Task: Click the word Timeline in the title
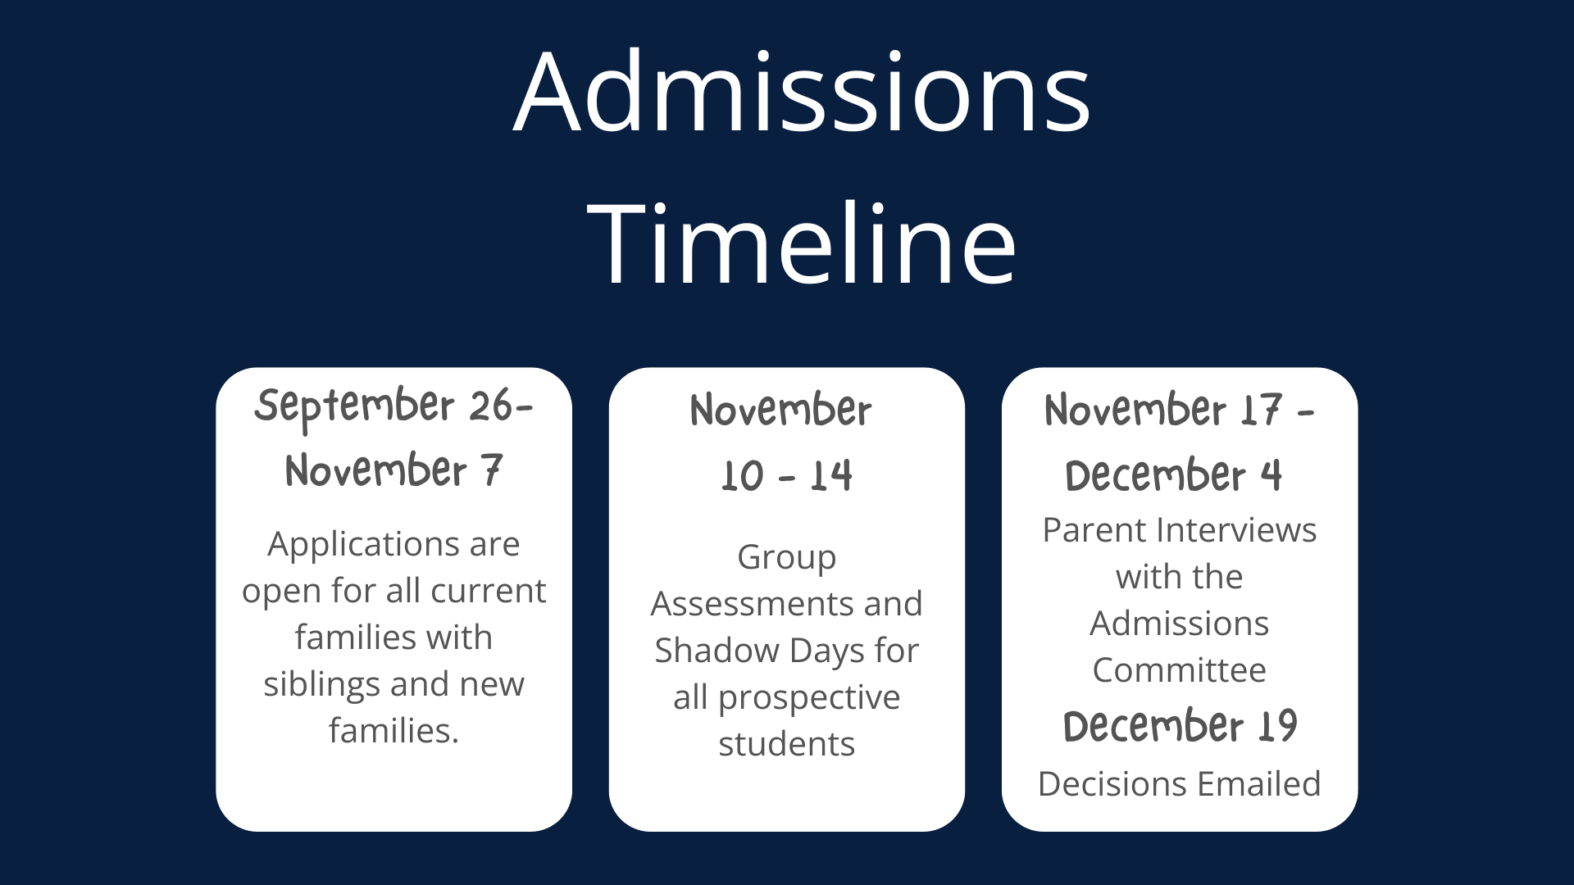tap(802, 244)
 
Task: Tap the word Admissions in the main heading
tap(802, 92)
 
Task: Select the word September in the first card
tap(354, 407)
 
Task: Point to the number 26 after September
tap(491, 406)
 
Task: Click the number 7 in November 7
tap(491, 470)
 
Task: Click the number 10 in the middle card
tap(743, 476)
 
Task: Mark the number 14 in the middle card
tap(831, 476)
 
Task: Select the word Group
tap(787, 559)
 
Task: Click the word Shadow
tap(717, 651)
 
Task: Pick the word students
tap(787, 745)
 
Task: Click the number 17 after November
tap(1260, 410)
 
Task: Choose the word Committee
tap(1180, 671)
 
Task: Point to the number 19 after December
tap(1277, 727)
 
